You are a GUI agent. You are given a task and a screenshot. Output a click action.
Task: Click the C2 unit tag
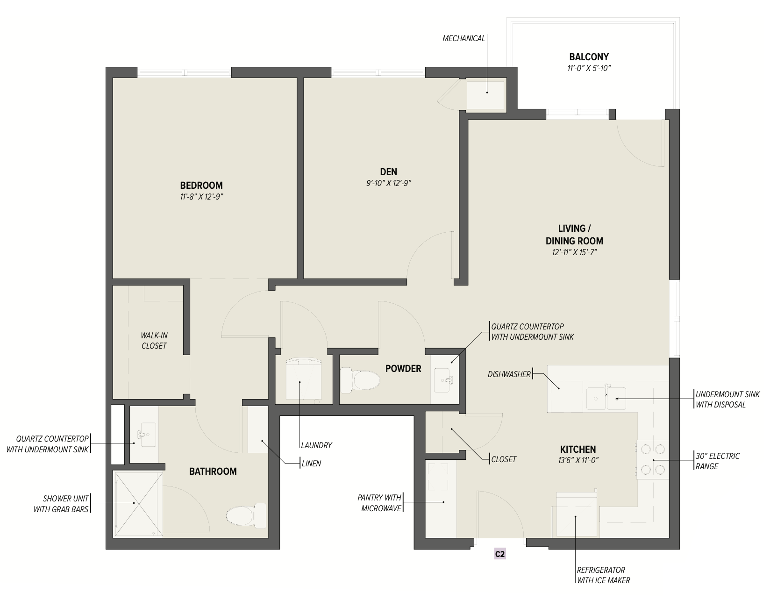pyautogui.click(x=499, y=554)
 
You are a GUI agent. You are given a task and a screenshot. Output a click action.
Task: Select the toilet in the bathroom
pyautogui.click(x=246, y=516)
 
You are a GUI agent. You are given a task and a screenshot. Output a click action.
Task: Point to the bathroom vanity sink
pyautogui.click(x=146, y=435)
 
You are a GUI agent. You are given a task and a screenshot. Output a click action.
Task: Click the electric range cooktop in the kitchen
pyautogui.click(x=652, y=459)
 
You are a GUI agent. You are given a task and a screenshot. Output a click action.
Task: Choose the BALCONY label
pyautogui.click(x=589, y=57)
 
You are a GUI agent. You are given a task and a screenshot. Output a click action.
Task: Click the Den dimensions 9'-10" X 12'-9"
pyautogui.click(x=389, y=183)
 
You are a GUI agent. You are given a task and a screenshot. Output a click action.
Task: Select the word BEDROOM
pyautogui.click(x=201, y=186)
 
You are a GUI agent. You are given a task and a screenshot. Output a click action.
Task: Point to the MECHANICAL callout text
pyautogui.click(x=463, y=38)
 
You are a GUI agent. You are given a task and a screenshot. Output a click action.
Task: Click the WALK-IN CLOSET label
pyautogui.click(x=154, y=341)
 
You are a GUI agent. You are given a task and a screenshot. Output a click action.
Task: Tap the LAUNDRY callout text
pyautogui.click(x=316, y=445)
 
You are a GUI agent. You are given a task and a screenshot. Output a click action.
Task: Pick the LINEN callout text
pyautogui.click(x=311, y=464)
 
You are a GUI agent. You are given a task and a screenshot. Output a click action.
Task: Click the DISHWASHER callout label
pyautogui.click(x=509, y=374)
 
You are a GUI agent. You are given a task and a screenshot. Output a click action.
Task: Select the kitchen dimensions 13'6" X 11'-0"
pyautogui.click(x=578, y=460)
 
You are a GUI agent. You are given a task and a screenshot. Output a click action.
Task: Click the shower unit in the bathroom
pyautogui.click(x=138, y=504)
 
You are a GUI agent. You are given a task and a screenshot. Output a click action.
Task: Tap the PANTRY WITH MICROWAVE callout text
pyautogui.click(x=379, y=503)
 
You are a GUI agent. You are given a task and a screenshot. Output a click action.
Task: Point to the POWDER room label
pyautogui.click(x=403, y=369)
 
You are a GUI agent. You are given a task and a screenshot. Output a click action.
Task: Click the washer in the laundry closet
pyautogui.click(x=303, y=379)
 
